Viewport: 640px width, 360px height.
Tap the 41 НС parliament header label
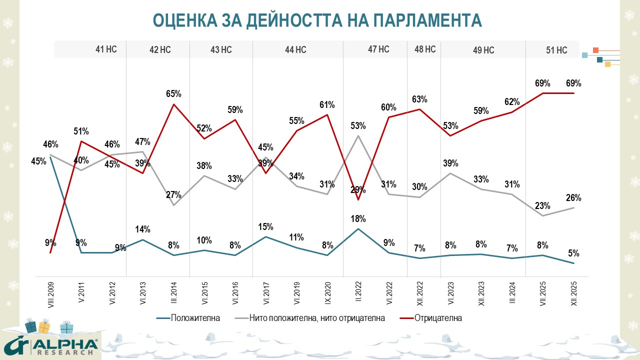[x=106, y=49]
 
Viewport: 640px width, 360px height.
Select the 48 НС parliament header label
[x=425, y=49]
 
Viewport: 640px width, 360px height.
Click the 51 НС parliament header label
[x=556, y=50]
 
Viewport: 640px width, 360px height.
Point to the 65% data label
[x=173, y=93]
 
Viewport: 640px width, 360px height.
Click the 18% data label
[x=358, y=218]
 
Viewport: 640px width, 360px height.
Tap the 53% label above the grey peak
[x=358, y=125]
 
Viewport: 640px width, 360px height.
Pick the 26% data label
[x=573, y=198]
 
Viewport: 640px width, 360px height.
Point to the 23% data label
[x=542, y=205]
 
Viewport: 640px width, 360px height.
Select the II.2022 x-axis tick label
[x=358, y=295]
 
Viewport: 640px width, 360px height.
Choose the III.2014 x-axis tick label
[x=174, y=295]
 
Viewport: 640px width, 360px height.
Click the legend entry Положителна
[x=195, y=318]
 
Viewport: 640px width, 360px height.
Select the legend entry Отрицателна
[x=438, y=318]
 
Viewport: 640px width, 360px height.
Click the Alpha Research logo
[x=50, y=345]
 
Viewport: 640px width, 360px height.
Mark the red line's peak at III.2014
[x=173, y=104]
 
